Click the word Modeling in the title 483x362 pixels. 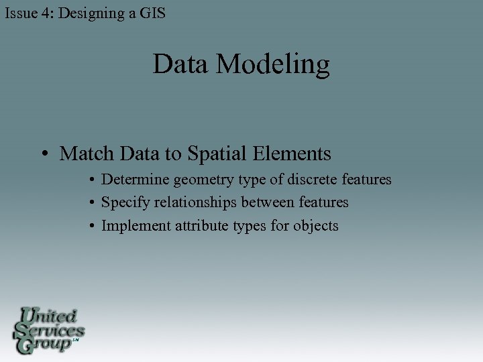273,65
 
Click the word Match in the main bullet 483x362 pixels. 87,154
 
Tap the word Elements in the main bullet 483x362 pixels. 293,154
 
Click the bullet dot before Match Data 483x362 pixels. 42,155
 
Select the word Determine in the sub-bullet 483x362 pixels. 136,180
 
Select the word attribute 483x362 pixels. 200,226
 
